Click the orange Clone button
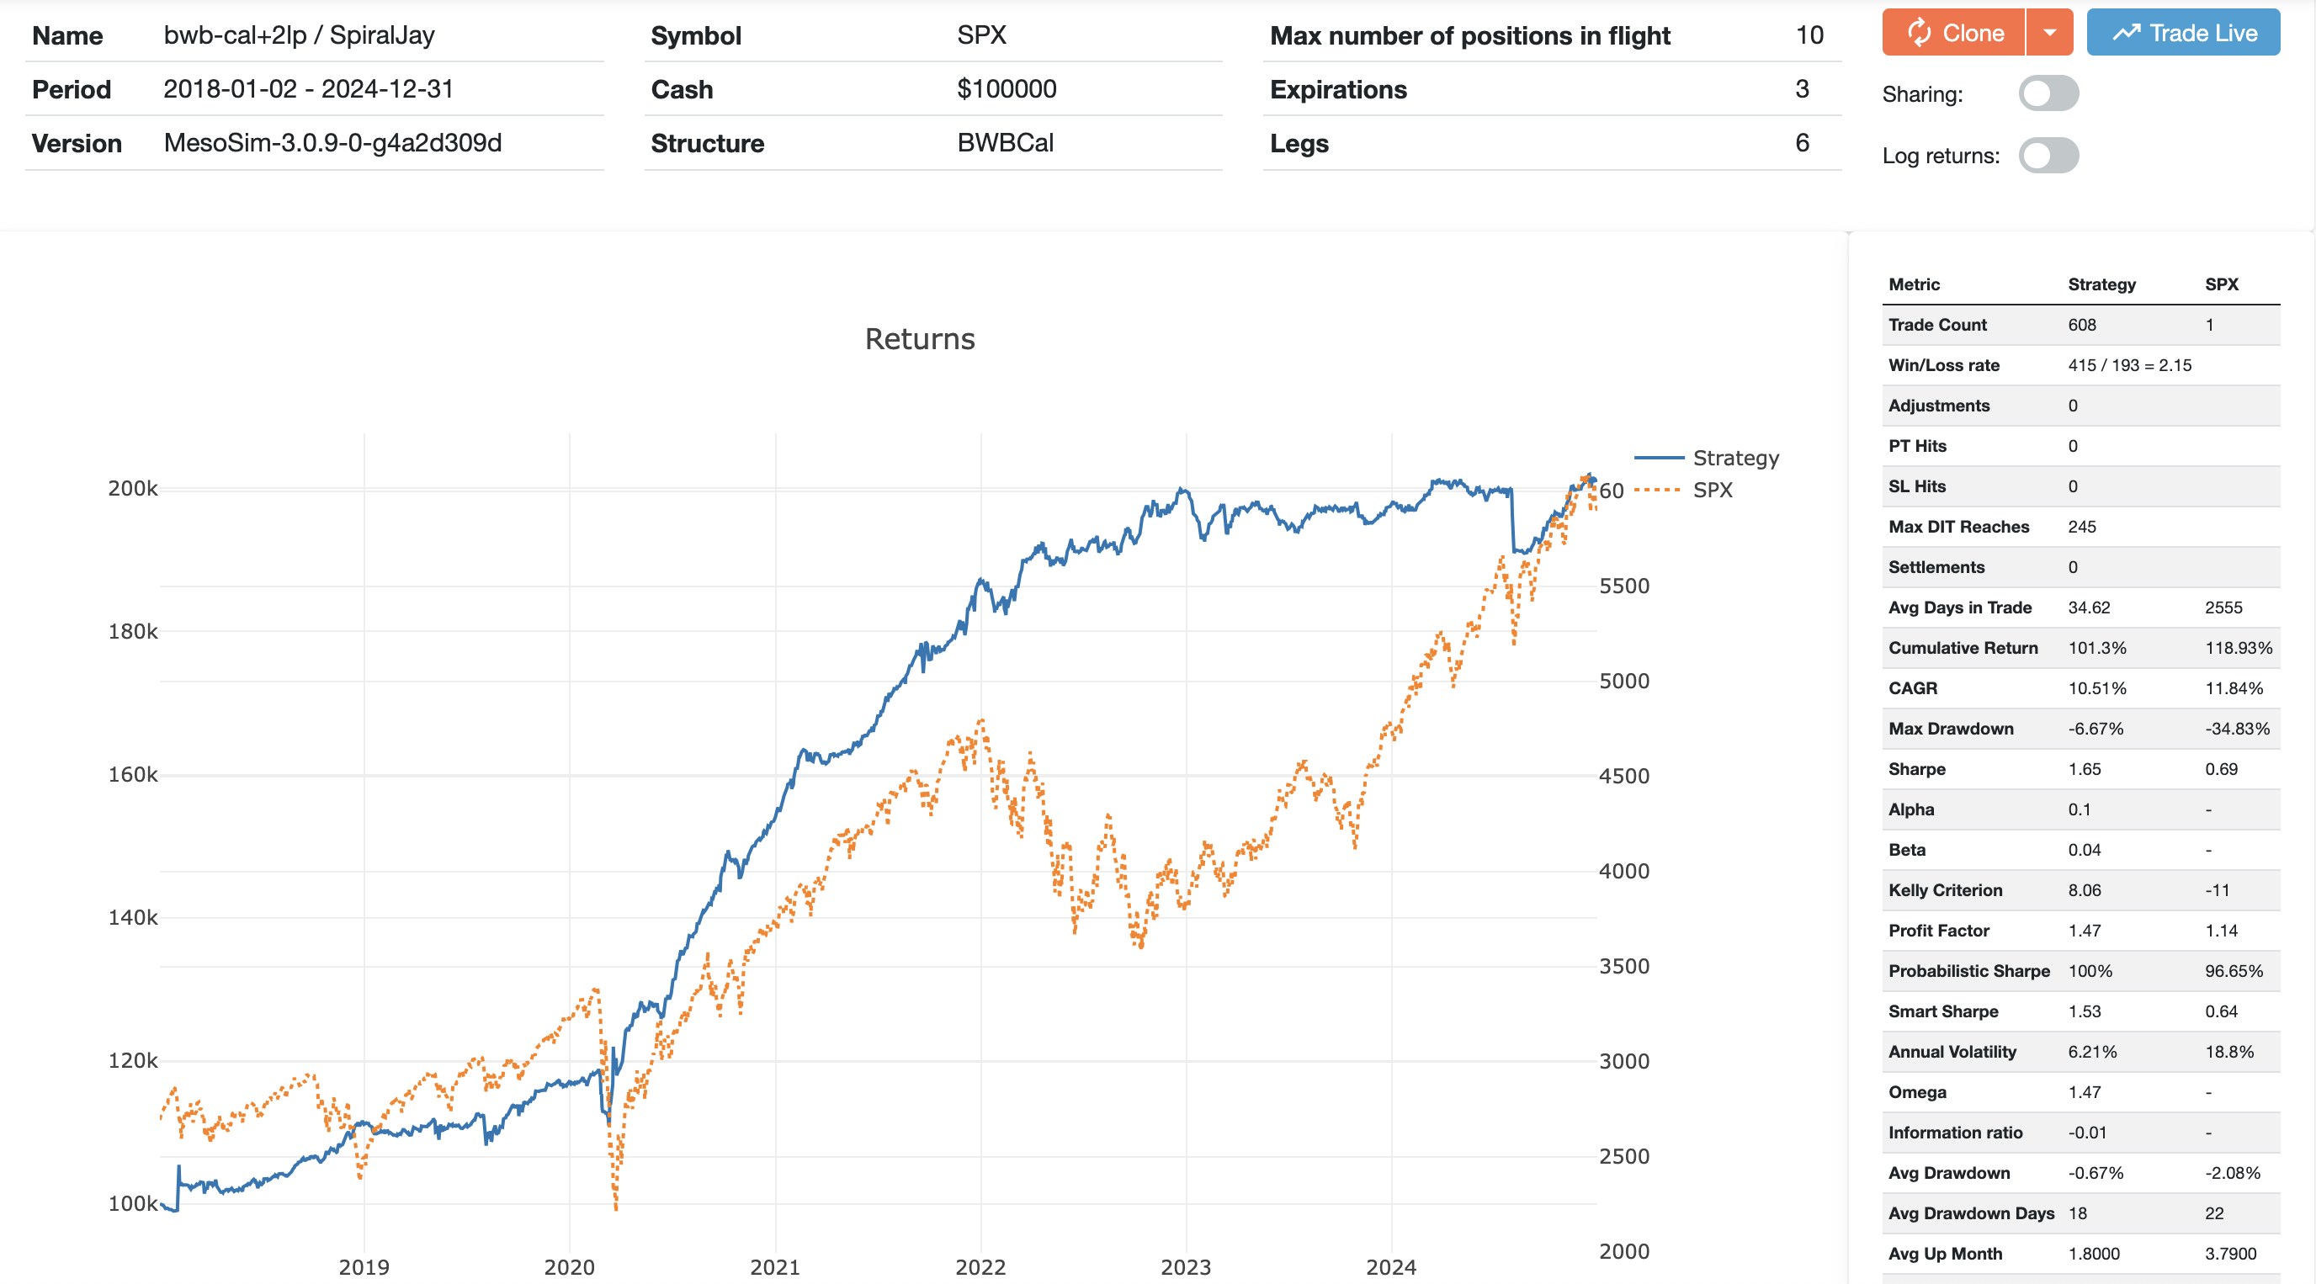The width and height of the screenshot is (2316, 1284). tap(1952, 34)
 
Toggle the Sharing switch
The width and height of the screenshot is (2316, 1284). tap(2048, 93)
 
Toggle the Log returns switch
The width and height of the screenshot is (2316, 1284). tap(2048, 156)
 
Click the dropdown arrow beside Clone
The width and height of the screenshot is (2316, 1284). tap(2049, 34)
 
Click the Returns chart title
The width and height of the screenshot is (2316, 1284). tap(919, 339)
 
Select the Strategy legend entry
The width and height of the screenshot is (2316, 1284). tap(1734, 458)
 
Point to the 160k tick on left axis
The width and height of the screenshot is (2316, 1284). tap(132, 774)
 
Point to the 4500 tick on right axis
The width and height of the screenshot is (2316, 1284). tap(1623, 776)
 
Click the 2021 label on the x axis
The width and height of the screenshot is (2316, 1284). tap(774, 1267)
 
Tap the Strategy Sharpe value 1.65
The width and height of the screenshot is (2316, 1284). tap(2084, 769)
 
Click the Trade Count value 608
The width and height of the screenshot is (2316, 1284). tap(2081, 325)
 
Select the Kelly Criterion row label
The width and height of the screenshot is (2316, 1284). tap(1945, 890)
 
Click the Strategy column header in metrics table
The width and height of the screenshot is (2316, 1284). tap(2101, 284)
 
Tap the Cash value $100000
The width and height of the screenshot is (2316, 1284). tap(1006, 89)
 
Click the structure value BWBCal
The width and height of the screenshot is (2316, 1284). tap(1004, 143)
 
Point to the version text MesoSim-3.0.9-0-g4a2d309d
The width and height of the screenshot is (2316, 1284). tap(332, 143)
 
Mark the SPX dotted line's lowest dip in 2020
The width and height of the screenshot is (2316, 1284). tap(616, 1207)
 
